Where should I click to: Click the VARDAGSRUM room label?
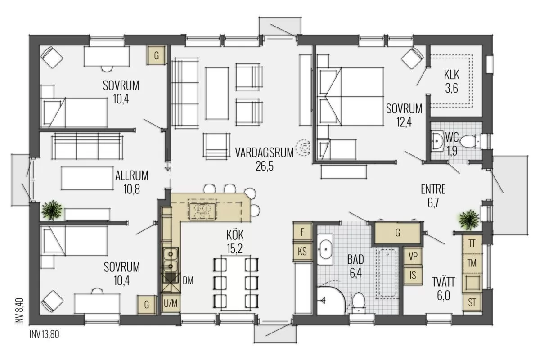pyautogui.click(x=265, y=153)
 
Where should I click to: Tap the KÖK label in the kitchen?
pyautogui.click(x=235, y=235)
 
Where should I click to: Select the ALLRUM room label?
pyautogui.click(x=131, y=175)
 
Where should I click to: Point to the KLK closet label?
pyautogui.click(x=451, y=75)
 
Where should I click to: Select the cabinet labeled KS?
pyautogui.click(x=302, y=252)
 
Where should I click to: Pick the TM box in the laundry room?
pyautogui.click(x=472, y=263)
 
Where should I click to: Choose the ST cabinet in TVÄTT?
pyautogui.click(x=472, y=302)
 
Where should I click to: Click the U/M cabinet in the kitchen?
pyautogui.click(x=171, y=304)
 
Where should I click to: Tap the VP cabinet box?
pyautogui.click(x=413, y=256)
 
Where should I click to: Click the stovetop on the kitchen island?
pyautogui.click(x=202, y=211)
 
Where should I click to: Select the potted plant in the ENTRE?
pyautogui.click(x=469, y=220)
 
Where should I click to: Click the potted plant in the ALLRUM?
pyautogui.click(x=52, y=210)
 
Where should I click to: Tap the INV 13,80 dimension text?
pyautogui.click(x=45, y=334)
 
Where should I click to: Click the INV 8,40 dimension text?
pyautogui.click(x=19, y=311)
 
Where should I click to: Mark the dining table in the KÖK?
pyautogui.click(x=236, y=283)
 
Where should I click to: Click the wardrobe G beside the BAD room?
pyautogui.click(x=397, y=233)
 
